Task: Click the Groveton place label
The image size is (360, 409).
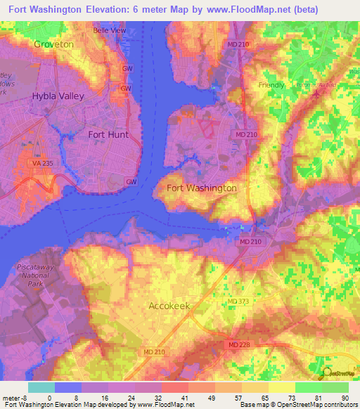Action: tap(53, 44)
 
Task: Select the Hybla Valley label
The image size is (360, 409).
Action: tap(58, 96)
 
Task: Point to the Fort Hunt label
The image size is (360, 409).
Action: tap(108, 134)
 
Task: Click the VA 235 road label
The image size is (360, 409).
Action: tap(42, 162)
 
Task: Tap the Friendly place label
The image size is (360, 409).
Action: tap(271, 85)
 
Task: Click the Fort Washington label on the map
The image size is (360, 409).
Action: tap(202, 188)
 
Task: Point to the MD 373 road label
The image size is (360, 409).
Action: tap(238, 301)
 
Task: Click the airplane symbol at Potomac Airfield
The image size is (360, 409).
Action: tap(316, 91)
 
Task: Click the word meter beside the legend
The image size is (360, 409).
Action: tap(11, 398)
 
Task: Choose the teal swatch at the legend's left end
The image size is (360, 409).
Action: tap(41, 387)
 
